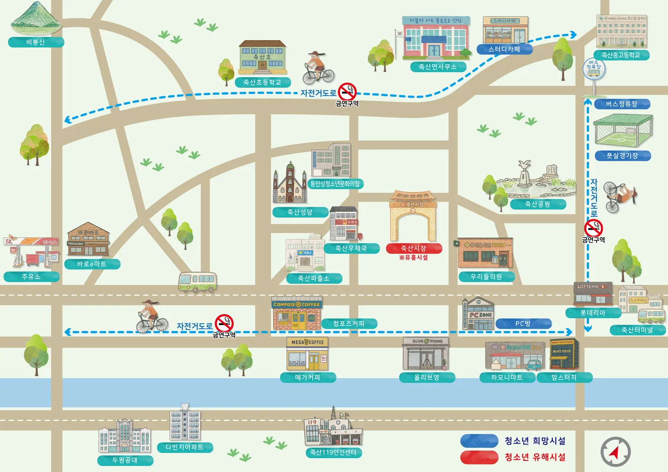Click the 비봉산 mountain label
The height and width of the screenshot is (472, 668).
coord(36,42)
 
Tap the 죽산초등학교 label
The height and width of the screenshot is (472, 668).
coord(262,82)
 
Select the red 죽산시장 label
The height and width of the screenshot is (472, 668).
coord(414,248)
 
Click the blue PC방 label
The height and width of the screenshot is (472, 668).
coord(523,324)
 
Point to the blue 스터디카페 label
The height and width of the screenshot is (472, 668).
coord(504,49)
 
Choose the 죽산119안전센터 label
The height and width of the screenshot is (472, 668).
coord(333,452)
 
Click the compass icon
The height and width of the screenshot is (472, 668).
coord(615,452)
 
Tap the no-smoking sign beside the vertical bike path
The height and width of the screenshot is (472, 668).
coord(594,228)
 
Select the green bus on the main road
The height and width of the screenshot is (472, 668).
coord(198,282)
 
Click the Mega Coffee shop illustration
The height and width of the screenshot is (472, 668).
coord(307,354)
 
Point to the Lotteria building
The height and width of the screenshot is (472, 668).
coord(593,294)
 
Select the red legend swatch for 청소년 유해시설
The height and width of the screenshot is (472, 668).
coord(479,457)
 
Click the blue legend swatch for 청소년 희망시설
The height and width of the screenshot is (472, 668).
coord(479,441)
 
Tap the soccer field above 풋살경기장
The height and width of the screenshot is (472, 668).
coord(622,132)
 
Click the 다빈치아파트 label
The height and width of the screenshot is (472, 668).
coord(185,447)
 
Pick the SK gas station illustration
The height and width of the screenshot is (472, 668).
coord(31,252)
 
